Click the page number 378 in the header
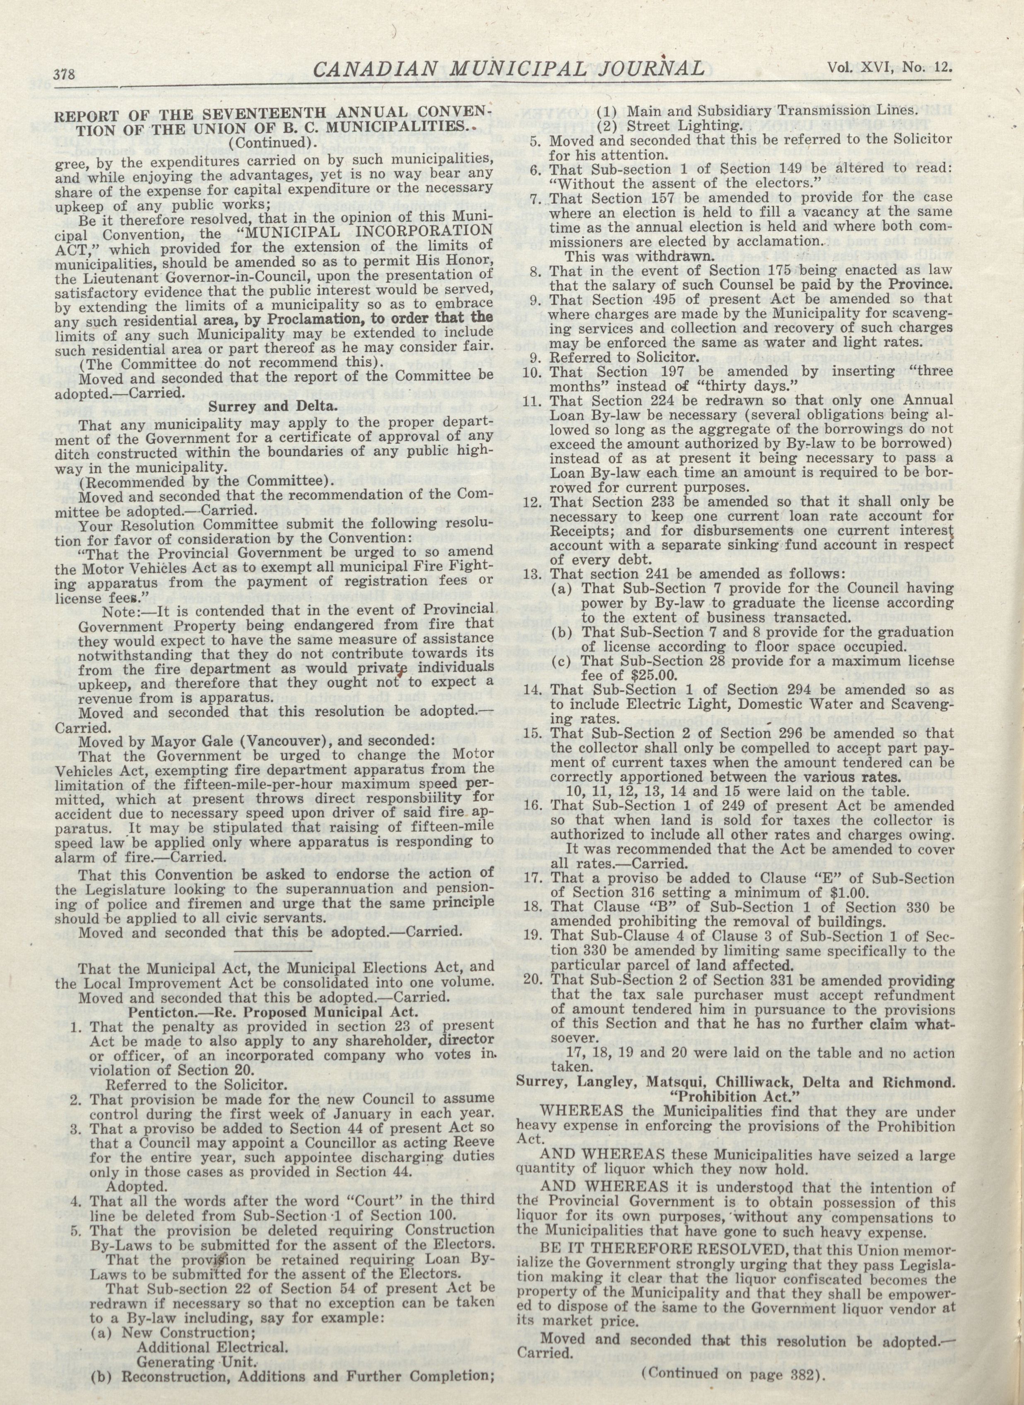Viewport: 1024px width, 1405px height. [65, 75]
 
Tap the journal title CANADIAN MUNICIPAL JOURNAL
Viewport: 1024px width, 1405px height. [509, 68]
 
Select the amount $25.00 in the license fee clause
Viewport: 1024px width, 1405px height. [641, 675]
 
